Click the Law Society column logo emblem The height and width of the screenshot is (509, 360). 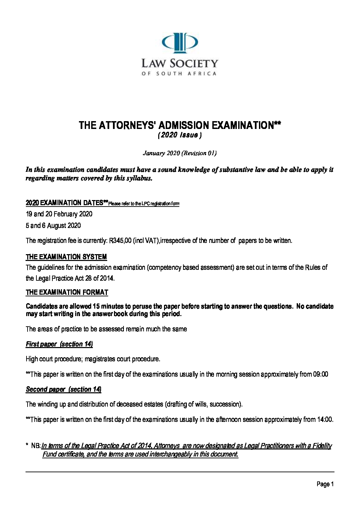[179, 43]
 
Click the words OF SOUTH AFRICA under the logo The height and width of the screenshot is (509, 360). [179, 73]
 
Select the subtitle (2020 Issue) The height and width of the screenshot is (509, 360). [179, 135]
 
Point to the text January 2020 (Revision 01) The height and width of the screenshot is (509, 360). [180, 153]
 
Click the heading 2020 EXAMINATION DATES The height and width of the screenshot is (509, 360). [65, 203]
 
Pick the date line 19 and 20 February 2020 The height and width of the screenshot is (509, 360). [59, 214]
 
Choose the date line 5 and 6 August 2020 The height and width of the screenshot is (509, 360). [53, 226]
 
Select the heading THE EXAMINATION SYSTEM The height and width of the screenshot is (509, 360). [66, 257]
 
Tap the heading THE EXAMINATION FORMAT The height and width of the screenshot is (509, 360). [67, 292]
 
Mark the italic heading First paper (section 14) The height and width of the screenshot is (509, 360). [59, 344]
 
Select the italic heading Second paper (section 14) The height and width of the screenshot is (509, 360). [64, 389]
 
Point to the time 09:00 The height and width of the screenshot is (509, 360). [320, 374]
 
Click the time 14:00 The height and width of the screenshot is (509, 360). [325, 420]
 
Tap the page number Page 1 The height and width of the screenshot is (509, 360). [325, 484]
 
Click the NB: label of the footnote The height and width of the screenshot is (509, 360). [36, 446]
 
